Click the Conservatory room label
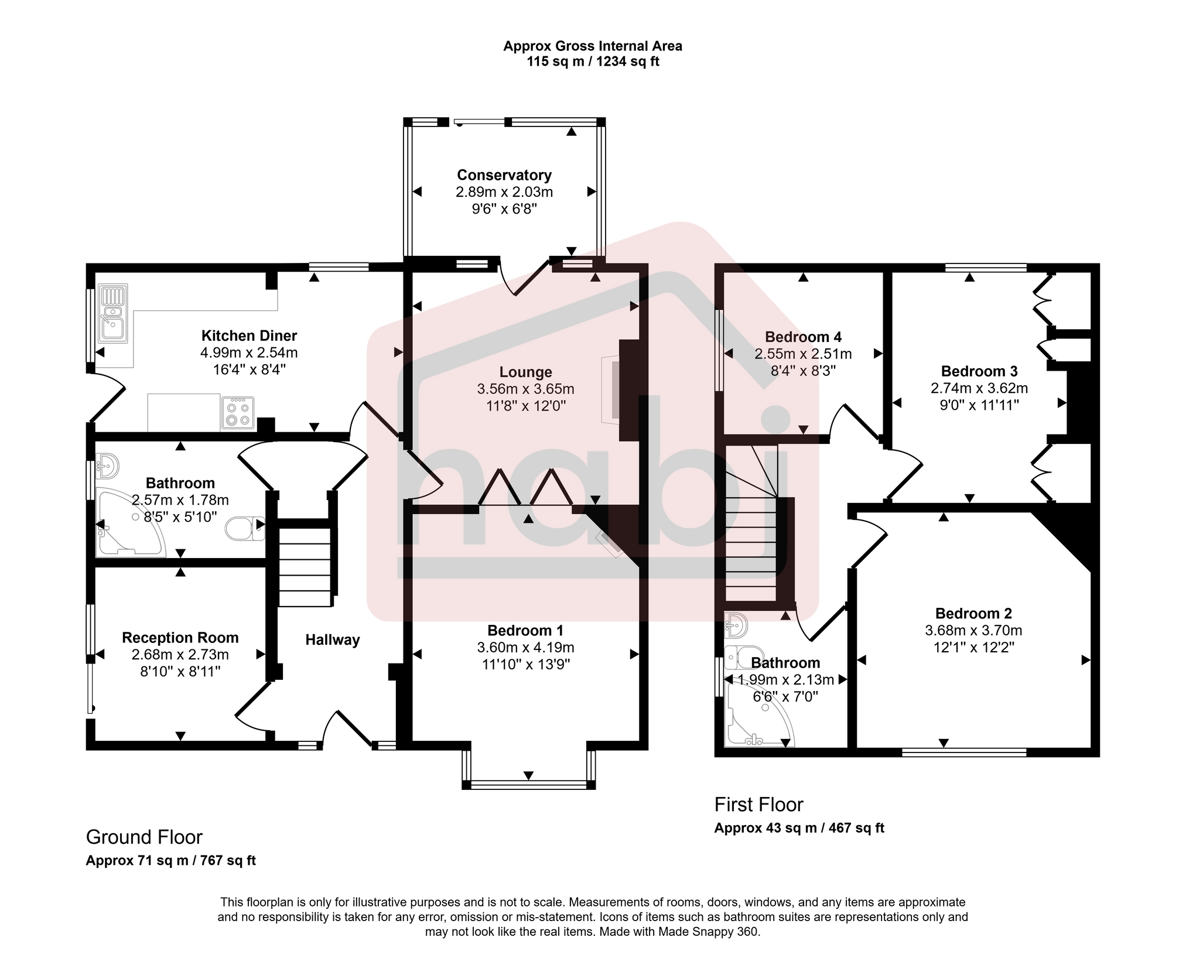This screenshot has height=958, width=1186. click(x=504, y=175)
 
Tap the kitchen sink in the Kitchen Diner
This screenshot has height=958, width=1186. click(x=113, y=314)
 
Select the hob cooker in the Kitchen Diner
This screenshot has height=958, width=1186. click(x=238, y=413)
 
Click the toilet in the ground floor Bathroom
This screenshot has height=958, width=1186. click(x=245, y=528)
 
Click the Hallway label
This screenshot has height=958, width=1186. click(x=332, y=640)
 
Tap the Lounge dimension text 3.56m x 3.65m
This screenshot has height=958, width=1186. click(x=525, y=389)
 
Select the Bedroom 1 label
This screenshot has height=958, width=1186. click(x=525, y=631)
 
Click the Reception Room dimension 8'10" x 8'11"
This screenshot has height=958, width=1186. click(x=180, y=672)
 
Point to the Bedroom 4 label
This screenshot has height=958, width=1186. click(x=803, y=337)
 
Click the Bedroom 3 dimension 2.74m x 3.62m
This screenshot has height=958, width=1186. click(x=979, y=388)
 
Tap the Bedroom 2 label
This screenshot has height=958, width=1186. click(x=973, y=614)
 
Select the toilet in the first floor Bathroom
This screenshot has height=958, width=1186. click(x=743, y=657)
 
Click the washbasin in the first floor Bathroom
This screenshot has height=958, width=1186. click(x=736, y=626)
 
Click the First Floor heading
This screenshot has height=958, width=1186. click(x=758, y=805)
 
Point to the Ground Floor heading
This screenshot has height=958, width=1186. click(x=144, y=837)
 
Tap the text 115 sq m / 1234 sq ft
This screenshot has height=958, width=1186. click(x=593, y=62)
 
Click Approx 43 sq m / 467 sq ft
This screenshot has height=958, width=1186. click(x=799, y=828)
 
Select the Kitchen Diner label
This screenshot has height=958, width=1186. click(x=249, y=336)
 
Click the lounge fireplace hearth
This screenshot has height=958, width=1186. click(x=610, y=389)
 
